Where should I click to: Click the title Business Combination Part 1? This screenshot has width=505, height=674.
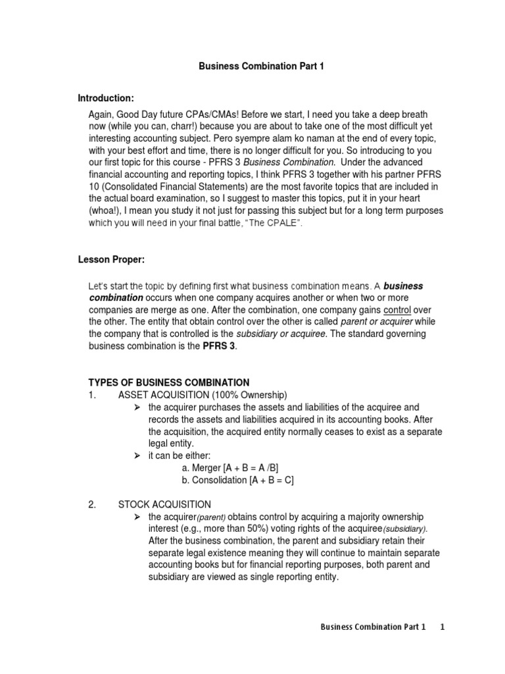point(252,66)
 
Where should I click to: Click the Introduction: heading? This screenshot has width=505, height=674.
point(106,99)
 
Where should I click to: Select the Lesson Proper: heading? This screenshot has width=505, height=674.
point(110,260)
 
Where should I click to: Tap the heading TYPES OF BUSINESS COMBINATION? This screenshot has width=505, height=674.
point(169,382)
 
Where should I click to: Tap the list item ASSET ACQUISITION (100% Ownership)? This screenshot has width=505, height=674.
point(203,395)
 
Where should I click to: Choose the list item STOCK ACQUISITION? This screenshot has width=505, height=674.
point(164,505)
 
